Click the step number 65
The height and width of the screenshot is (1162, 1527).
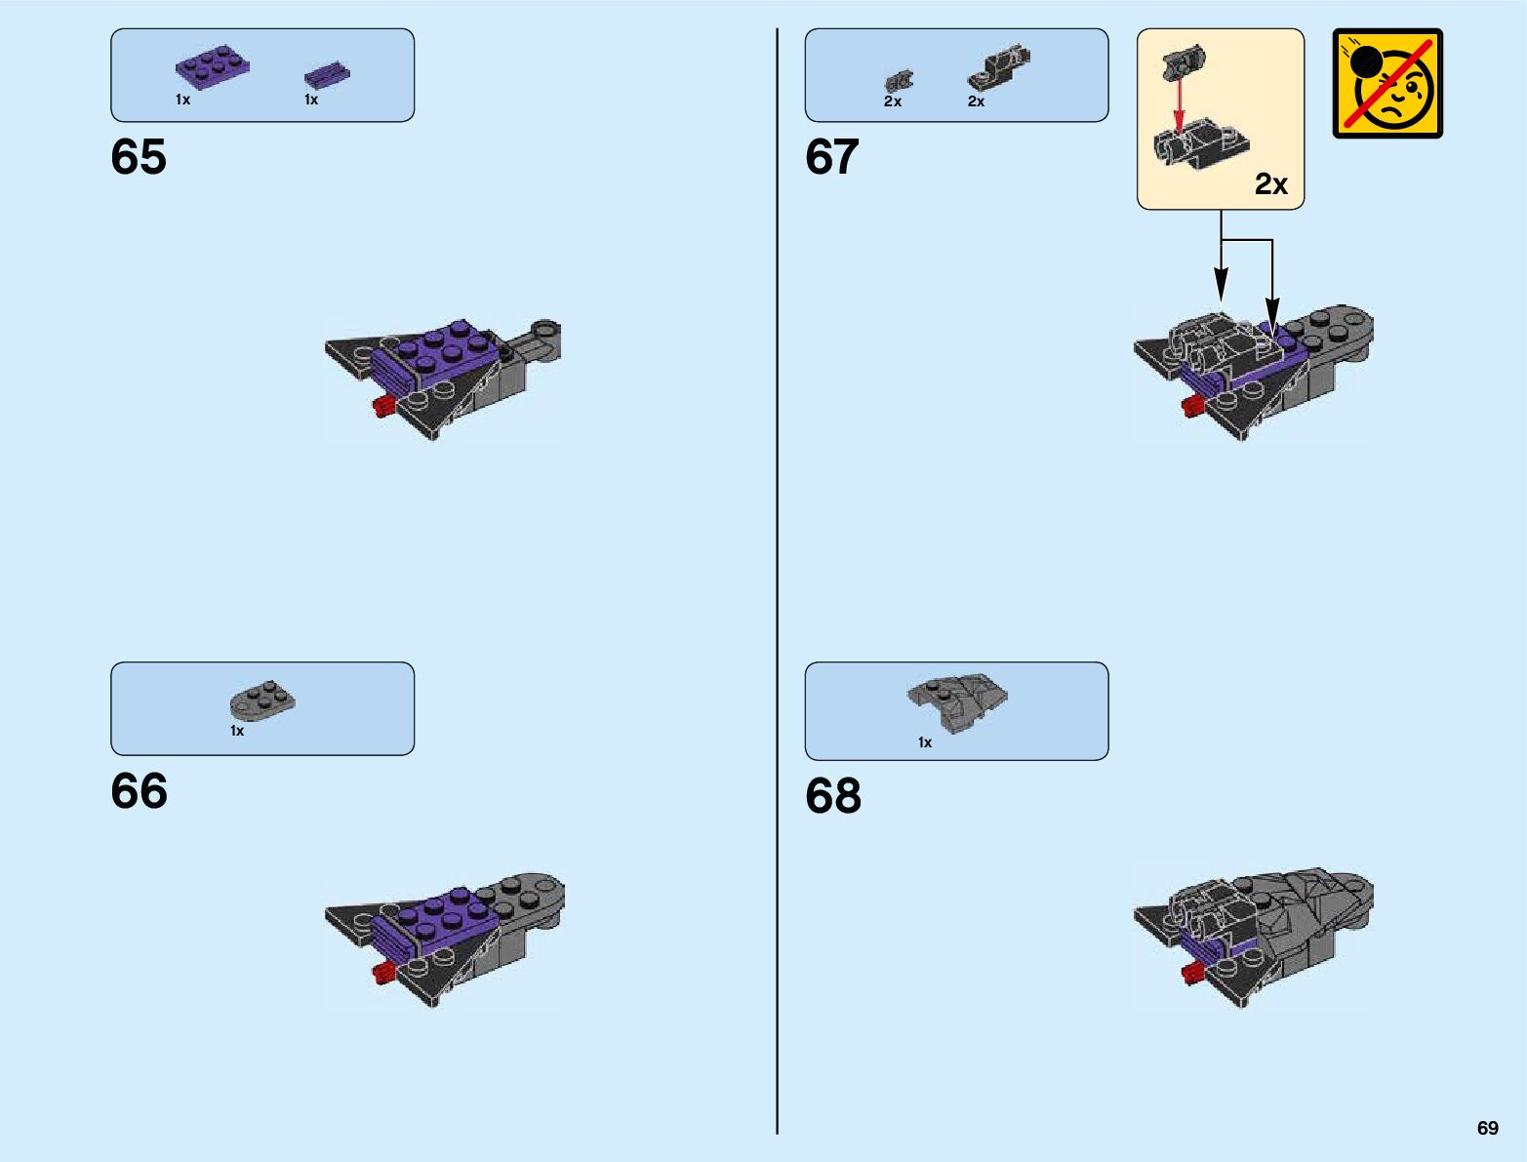coord(139,157)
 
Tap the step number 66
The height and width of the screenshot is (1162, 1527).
coord(139,791)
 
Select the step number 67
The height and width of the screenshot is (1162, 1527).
coord(832,157)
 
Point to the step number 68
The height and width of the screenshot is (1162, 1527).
coord(833,796)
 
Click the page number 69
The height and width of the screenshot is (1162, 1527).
coord(1487,1128)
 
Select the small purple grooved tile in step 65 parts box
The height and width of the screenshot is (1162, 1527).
coord(326,74)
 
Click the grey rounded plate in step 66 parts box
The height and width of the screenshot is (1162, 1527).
coord(262,700)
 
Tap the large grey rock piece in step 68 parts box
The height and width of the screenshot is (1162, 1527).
coord(957,700)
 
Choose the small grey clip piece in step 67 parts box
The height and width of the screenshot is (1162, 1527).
coord(899,81)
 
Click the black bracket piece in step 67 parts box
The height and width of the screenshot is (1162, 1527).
coord(998,67)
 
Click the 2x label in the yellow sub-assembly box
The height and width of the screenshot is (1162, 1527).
coord(1271,183)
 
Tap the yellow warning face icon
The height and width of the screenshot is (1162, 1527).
coord(1387,84)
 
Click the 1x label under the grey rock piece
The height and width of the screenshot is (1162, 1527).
coord(925,742)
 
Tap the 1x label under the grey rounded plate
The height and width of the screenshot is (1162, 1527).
coord(237,731)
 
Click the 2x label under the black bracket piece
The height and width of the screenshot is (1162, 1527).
coord(976,101)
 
